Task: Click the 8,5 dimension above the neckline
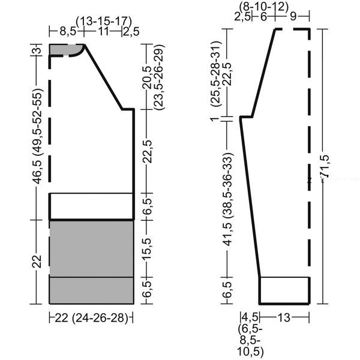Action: [68, 31]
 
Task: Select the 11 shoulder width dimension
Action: [103, 31]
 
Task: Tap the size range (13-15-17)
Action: [104, 22]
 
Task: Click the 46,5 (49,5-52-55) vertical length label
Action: [38, 136]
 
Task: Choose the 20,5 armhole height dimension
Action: [147, 77]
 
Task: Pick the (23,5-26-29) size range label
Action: [159, 77]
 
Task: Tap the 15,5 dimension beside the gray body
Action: [147, 249]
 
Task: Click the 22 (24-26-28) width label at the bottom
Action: [91, 318]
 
